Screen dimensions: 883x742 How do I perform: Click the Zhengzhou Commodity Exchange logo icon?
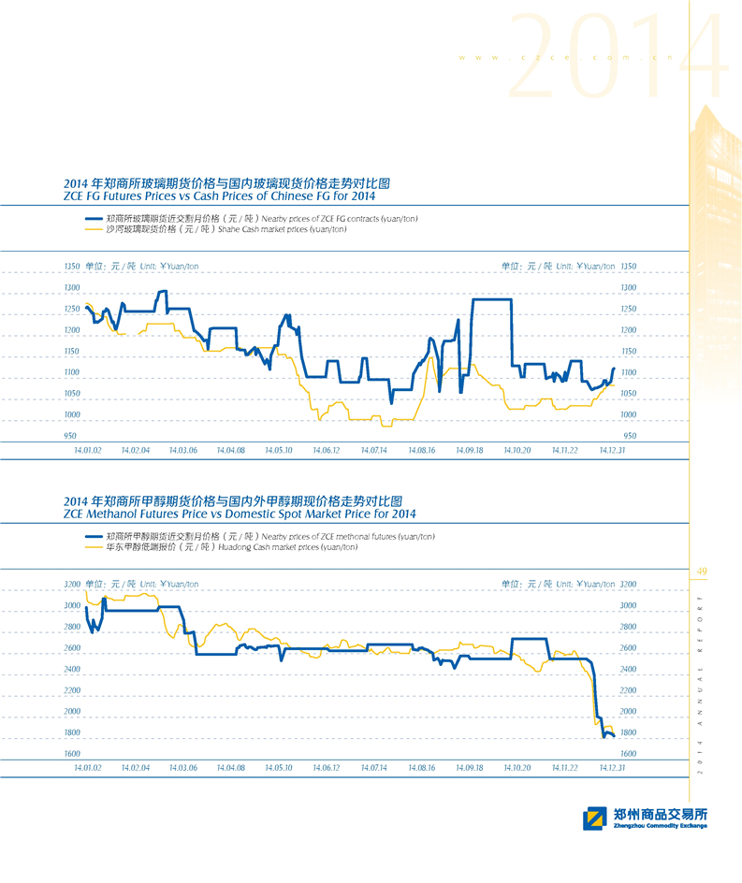click(593, 818)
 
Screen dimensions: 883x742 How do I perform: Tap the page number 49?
click(703, 572)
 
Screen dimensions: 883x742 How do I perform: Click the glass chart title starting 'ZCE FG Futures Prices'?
click(219, 196)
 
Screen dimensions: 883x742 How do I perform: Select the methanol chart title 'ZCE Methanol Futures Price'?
click(240, 514)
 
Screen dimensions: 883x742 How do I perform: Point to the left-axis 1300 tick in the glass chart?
click(72, 287)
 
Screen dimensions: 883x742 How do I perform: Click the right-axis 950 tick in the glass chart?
click(630, 436)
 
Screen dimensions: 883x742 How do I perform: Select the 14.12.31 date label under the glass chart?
click(612, 450)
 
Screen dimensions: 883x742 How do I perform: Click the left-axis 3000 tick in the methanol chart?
click(72, 606)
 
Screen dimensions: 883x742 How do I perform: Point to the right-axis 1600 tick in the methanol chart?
click(629, 753)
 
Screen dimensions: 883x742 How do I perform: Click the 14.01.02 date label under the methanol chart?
click(87, 767)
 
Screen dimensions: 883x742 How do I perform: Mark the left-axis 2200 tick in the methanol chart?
click(72, 690)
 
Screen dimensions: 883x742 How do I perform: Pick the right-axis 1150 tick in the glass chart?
click(629, 351)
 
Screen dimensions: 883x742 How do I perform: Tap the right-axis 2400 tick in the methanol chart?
click(629, 670)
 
